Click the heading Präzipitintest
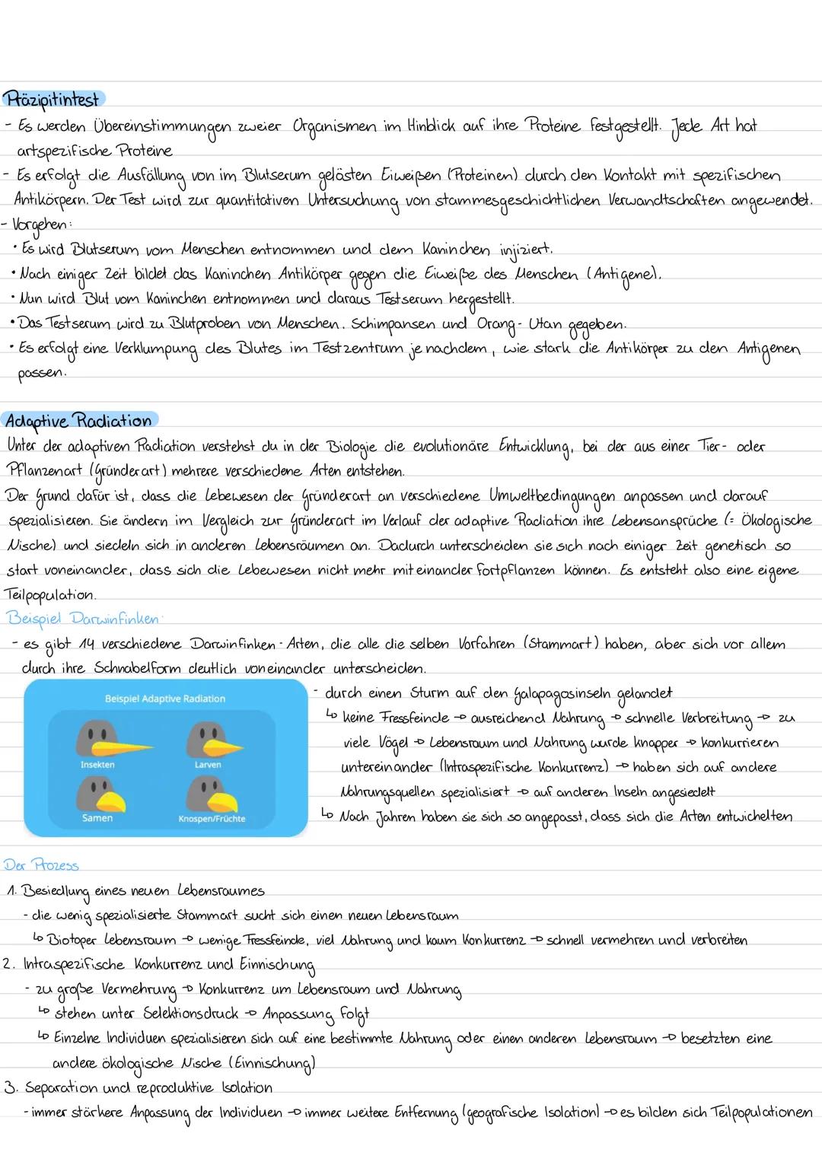pyautogui.click(x=53, y=100)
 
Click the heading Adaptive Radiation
pyautogui.click(x=78, y=421)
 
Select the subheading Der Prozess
pyautogui.click(x=41, y=865)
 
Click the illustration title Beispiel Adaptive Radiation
pyautogui.click(x=165, y=699)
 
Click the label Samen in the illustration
pyautogui.click(x=97, y=818)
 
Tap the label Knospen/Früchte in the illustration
pyautogui.click(x=212, y=819)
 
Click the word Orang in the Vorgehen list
pyautogui.click(x=495, y=323)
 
